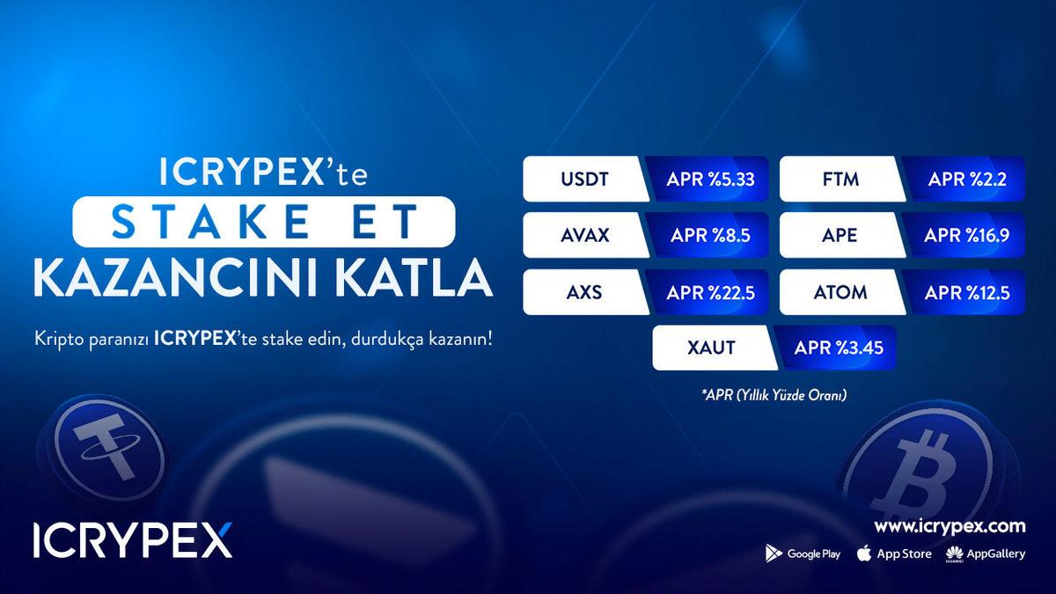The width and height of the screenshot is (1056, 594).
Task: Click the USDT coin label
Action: pyautogui.click(x=584, y=180)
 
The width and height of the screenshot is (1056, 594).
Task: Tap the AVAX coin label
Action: pyautogui.click(x=584, y=236)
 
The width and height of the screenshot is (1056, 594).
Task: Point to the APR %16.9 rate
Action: pyautogui.click(x=966, y=236)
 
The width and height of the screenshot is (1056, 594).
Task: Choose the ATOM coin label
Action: pyautogui.click(x=841, y=292)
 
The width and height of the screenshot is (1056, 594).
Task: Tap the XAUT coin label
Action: pyautogui.click(x=711, y=348)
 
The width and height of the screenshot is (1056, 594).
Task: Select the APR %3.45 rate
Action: pyautogui.click(x=839, y=348)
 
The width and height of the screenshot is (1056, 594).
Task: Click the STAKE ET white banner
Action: pyautogui.click(x=264, y=222)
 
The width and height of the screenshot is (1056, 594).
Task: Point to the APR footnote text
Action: pyautogui.click(x=774, y=396)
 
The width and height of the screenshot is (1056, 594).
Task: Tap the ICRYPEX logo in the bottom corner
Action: pyautogui.click(x=133, y=541)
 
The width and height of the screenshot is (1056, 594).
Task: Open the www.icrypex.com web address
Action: pyautogui.click(x=950, y=526)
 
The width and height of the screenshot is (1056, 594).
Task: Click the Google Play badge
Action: pyautogui.click(x=803, y=554)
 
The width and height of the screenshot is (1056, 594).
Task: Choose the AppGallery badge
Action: pyautogui.click(x=986, y=554)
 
